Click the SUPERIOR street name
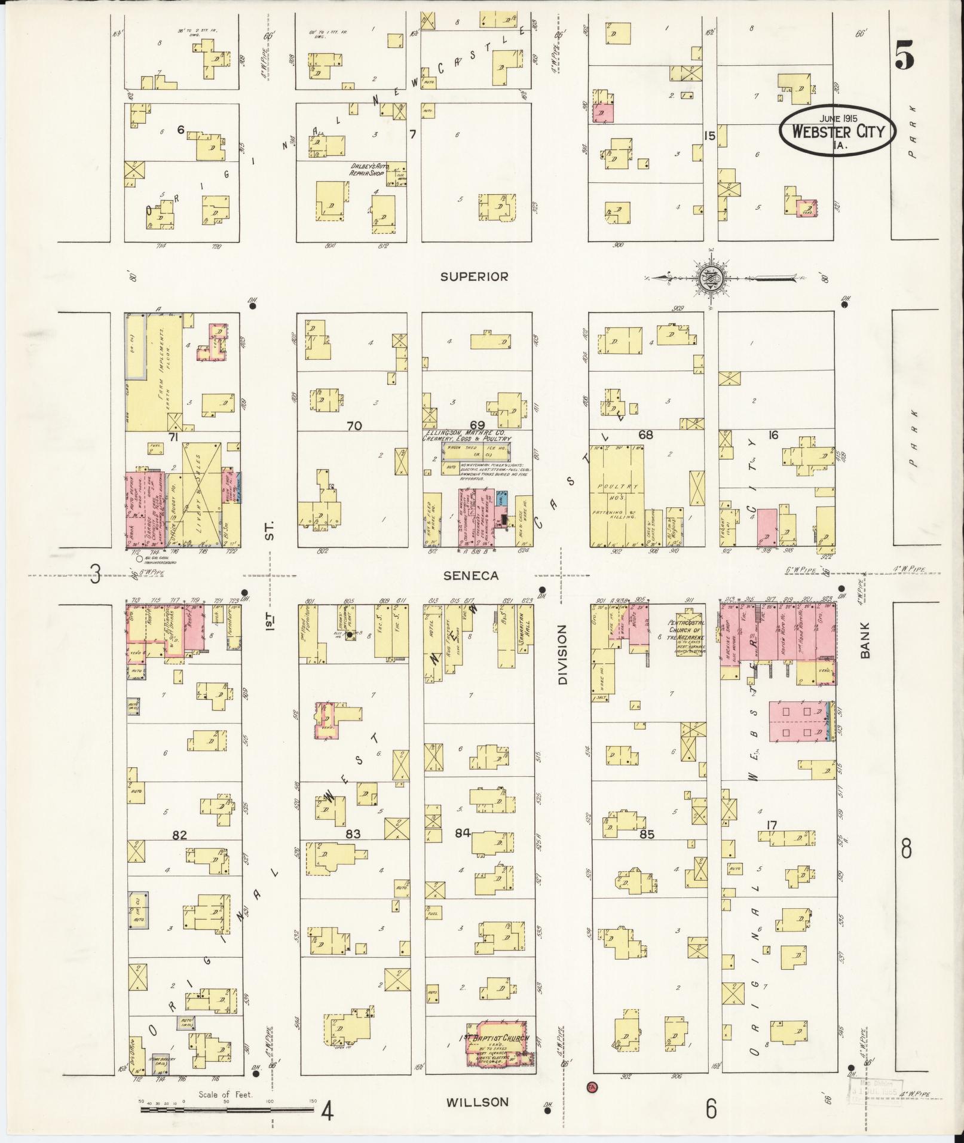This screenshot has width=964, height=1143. [x=474, y=277]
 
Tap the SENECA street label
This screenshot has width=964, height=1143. [x=471, y=575]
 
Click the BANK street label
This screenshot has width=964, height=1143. [x=865, y=640]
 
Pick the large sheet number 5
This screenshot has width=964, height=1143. [x=904, y=57]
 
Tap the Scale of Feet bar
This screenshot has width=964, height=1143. [x=227, y=1110]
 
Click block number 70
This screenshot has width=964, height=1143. [x=354, y=426]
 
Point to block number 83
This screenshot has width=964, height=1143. [x=353, y=834]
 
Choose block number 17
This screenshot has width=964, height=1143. [x=772, y=826]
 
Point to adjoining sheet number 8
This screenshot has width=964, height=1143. [x=906, y=848]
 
